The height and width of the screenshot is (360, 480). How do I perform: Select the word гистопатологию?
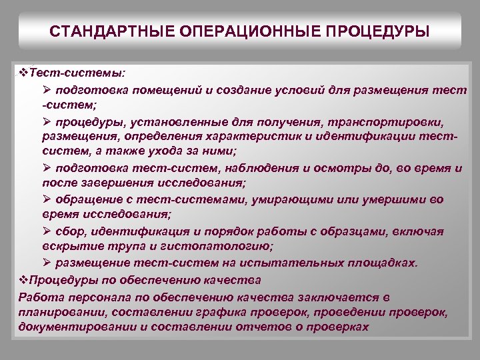click(219, 247)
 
